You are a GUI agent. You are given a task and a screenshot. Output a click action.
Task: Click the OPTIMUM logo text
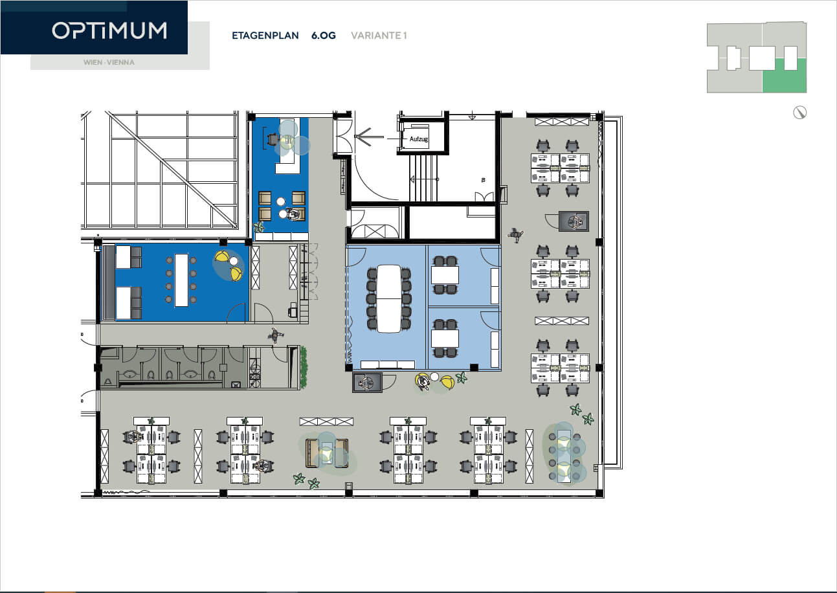coord(109,30)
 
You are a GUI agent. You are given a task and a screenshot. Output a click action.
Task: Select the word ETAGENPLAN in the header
coord(265,36)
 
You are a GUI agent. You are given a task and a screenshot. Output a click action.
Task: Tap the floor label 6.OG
coord(324,36)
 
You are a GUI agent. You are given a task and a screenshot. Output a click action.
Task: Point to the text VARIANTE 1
coord(379,36)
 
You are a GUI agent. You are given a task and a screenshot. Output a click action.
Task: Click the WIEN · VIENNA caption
coord(109,62)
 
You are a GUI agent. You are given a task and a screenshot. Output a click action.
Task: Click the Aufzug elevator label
coord(418,139)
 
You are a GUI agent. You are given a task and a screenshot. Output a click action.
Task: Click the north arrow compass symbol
coord(799,113)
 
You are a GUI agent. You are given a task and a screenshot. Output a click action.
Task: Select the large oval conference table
coord(388,298)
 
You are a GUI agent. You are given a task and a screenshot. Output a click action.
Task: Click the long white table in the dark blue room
coord(182,280)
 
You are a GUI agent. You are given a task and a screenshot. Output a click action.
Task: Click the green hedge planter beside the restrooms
coord(304,367)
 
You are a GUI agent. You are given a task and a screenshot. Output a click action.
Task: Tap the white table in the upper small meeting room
coord(445,275)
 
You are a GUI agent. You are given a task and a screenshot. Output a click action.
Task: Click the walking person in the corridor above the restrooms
coord(275,335)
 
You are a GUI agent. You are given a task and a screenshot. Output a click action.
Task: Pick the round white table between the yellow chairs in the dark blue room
coord(234,261)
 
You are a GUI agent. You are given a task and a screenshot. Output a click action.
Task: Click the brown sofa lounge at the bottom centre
coord(327,453)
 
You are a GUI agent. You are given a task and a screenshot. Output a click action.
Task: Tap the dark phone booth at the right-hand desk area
coord(574,221)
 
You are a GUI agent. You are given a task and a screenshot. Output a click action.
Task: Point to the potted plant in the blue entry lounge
coord(258,226)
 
